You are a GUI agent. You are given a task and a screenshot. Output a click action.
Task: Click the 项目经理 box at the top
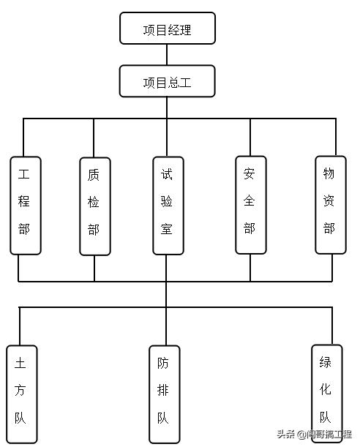168,29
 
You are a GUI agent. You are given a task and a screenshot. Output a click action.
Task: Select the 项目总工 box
168,81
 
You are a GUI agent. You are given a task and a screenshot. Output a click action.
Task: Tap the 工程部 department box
25,204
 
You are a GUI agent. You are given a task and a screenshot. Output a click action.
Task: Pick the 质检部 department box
94,206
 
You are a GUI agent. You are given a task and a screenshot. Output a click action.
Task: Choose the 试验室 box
168,204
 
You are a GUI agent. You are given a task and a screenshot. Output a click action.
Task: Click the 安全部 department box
250,204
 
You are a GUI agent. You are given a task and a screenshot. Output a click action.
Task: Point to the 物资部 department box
329,204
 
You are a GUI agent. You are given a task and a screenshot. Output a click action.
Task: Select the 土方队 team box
20,394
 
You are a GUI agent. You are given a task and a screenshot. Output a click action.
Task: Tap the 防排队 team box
163,394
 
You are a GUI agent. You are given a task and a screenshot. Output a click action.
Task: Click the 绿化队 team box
326,394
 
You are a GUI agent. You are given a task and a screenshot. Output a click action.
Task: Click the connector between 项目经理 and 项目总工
168,56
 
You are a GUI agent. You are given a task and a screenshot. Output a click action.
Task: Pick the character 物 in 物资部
329,174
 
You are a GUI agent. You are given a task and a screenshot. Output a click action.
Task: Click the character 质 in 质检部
94,176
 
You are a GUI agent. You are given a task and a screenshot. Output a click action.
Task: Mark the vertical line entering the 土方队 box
20,326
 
